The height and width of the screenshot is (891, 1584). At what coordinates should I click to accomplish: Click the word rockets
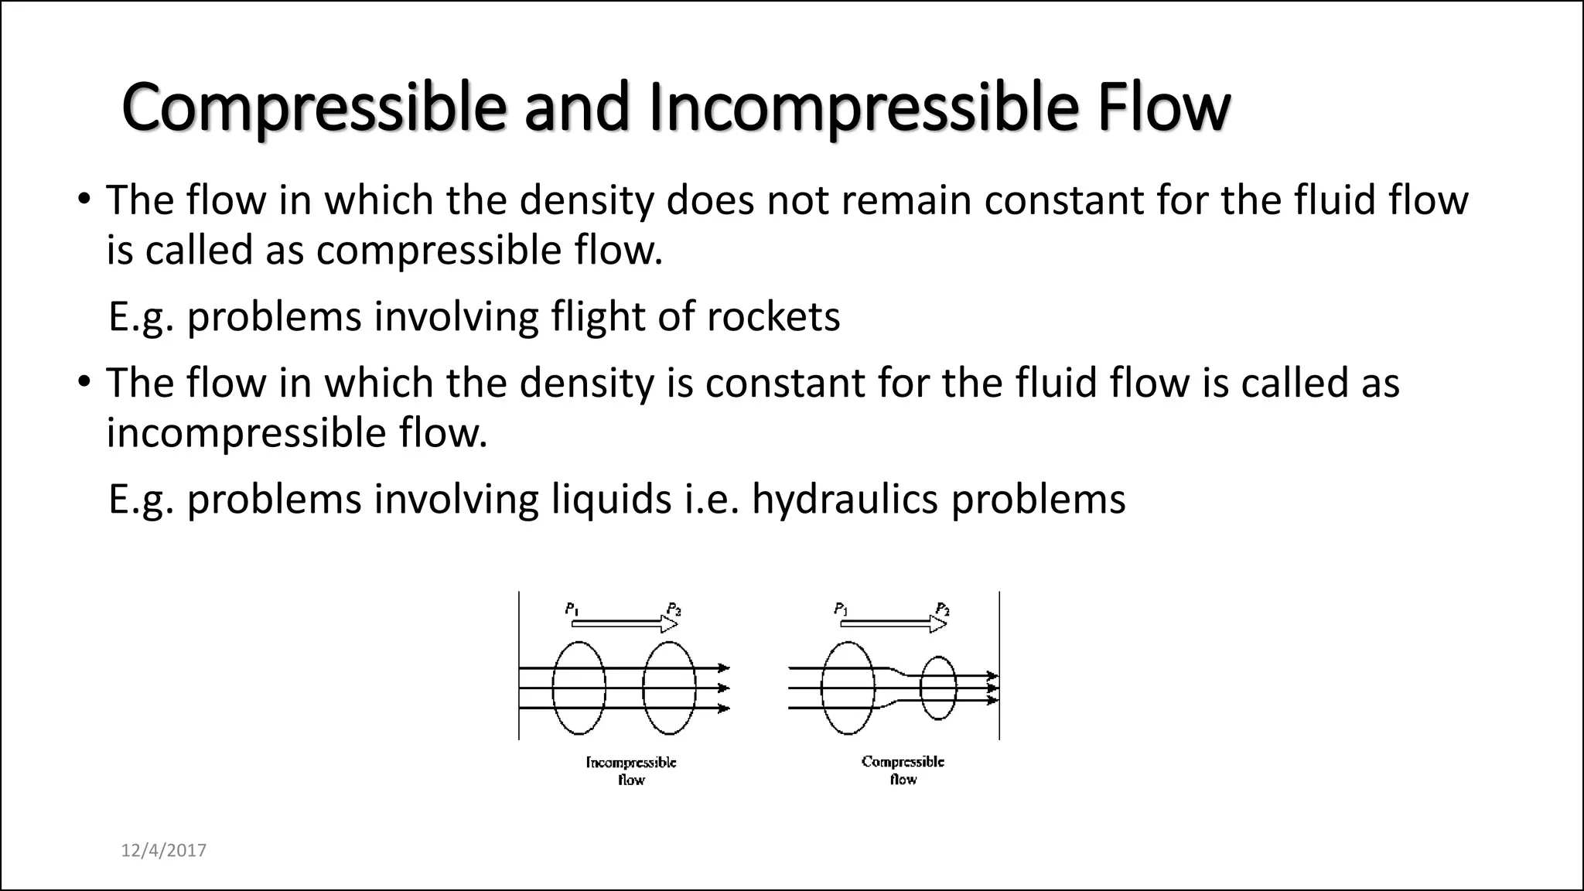click(x=773, y=317)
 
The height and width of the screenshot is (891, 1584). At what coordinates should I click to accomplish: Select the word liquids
click(x=611, y=500)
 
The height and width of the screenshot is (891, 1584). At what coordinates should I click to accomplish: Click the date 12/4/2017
click(x=164, y=851)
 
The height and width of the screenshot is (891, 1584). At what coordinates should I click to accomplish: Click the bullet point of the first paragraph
click(x=84, y=200)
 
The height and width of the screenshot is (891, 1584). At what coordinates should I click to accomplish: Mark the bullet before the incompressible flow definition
click(x=84, y=383)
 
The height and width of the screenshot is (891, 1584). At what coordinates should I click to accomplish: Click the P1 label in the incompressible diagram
click(x=572, y=609)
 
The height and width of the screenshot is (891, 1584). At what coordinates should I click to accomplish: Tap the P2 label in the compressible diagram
click(x=942, y=609)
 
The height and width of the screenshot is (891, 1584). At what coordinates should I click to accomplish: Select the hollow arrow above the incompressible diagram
click(x=624, y=623)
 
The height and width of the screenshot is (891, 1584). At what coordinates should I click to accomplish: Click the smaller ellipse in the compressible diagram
click(x=938, y=688)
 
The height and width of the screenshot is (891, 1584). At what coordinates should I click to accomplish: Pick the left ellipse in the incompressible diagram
click(x=579, y=688)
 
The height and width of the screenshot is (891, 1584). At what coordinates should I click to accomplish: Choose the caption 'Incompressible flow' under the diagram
click(x=631, y=771)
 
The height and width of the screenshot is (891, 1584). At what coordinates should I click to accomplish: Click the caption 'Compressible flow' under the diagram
click(x=903, y=770)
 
